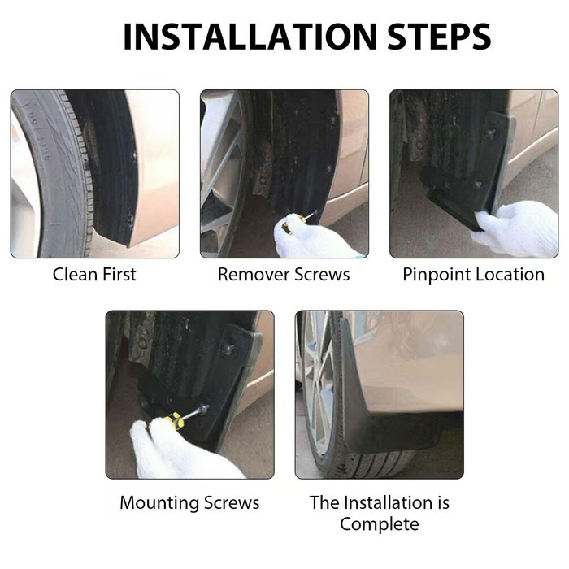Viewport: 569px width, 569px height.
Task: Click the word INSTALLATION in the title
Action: click(x=250, y=37)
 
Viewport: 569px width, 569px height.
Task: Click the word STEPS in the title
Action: click(x=440, y=37)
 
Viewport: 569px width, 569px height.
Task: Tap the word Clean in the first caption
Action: click(x=74, y=275)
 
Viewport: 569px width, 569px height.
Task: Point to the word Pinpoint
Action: click(x=434, y=275)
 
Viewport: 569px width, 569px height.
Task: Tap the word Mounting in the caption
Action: click(x=159, y=503)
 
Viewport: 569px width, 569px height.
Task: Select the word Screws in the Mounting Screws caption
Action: click(x=232, y=502)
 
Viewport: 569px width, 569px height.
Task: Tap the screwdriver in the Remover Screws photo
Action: click(x=299, y=221)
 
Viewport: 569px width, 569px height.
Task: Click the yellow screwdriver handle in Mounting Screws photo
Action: click(x=174, y=420)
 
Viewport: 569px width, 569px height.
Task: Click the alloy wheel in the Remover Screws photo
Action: click(x=221, y=174)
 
